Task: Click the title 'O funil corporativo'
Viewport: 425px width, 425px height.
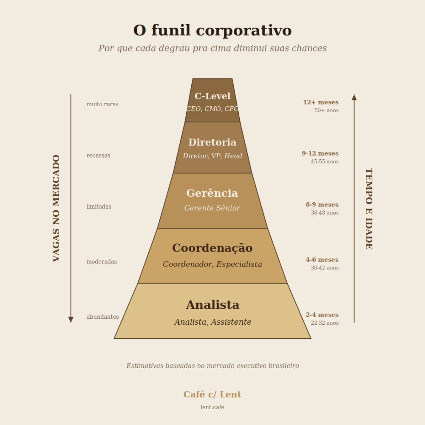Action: (x=212, y=30)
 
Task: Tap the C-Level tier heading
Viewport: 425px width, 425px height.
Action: (x=212, y=96)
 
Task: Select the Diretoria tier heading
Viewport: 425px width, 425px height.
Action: (x=212, y=142)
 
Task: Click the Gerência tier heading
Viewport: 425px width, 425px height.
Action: (x=212, y=193)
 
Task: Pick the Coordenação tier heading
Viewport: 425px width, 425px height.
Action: (x=212, y=248)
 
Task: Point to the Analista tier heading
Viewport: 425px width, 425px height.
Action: (x=212, y=305)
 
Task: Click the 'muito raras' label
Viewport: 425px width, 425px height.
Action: (x=102, y=104)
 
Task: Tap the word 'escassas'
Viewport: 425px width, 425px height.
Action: (x=99, y=155)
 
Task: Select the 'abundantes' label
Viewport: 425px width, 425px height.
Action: (x=103, y=317)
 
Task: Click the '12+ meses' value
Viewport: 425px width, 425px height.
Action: (x=321, y=102)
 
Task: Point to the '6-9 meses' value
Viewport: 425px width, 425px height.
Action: (x=322, y=204)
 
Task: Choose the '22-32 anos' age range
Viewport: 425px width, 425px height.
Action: (x=325, y=323)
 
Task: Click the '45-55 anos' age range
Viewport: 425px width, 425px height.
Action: (x=325, y=161)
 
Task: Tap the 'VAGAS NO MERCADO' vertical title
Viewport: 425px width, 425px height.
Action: (x=56, y=208)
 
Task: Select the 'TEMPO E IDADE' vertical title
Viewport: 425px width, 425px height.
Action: (x=369, y=208)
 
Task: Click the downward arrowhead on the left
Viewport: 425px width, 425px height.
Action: (x=71, y=320)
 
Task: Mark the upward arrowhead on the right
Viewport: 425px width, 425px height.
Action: (x=354, y=98)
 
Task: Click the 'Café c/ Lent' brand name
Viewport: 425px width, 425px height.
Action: (x=212, y=394)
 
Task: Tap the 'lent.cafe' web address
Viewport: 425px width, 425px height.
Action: (x=212, y=407)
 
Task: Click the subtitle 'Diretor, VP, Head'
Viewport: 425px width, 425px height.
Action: (x=212, y=156)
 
